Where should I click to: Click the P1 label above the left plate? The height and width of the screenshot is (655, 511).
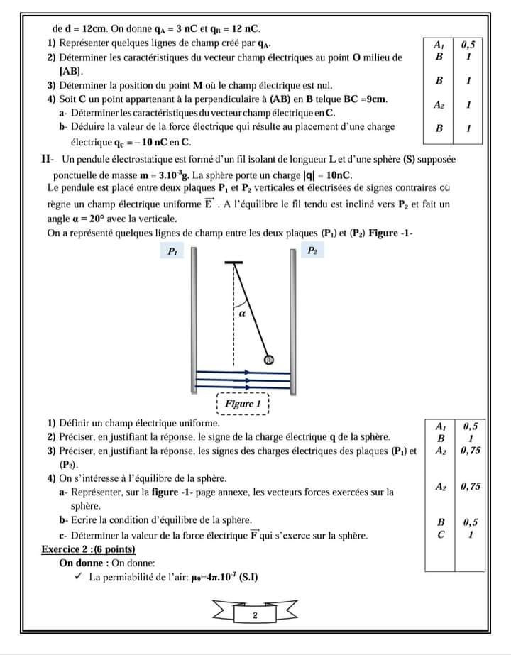(172, 251)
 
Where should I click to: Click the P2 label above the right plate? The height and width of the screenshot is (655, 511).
(313, 251)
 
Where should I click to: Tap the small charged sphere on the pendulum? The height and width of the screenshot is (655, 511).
(269, 360)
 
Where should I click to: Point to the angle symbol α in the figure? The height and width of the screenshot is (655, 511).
(242, 312)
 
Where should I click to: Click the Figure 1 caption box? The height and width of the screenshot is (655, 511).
(243, 404)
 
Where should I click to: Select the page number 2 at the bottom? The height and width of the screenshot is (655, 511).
(255, 615)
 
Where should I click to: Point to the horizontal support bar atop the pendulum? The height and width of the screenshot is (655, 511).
(233, 263)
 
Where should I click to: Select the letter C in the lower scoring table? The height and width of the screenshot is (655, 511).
(441, 535)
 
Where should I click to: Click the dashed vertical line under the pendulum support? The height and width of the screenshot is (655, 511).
(233, 312)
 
